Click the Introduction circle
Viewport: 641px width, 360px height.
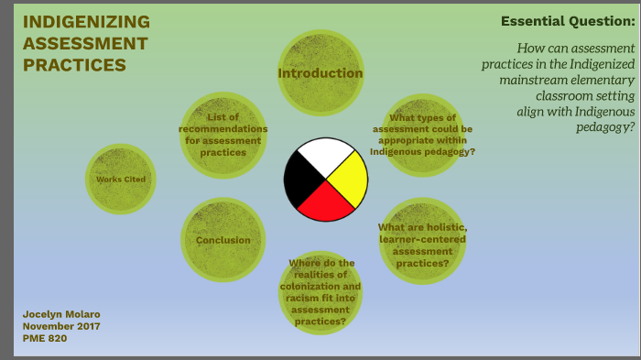320,72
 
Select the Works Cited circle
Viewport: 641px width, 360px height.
121,180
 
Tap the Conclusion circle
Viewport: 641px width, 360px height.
223,240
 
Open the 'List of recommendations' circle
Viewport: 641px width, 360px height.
223,135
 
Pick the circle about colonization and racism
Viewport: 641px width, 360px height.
320,293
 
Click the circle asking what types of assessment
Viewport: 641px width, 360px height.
422,135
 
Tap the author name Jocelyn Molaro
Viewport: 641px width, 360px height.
60,314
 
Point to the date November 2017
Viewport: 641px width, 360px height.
61,326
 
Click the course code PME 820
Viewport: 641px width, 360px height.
45,338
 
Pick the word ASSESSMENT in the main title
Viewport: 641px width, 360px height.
85,43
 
